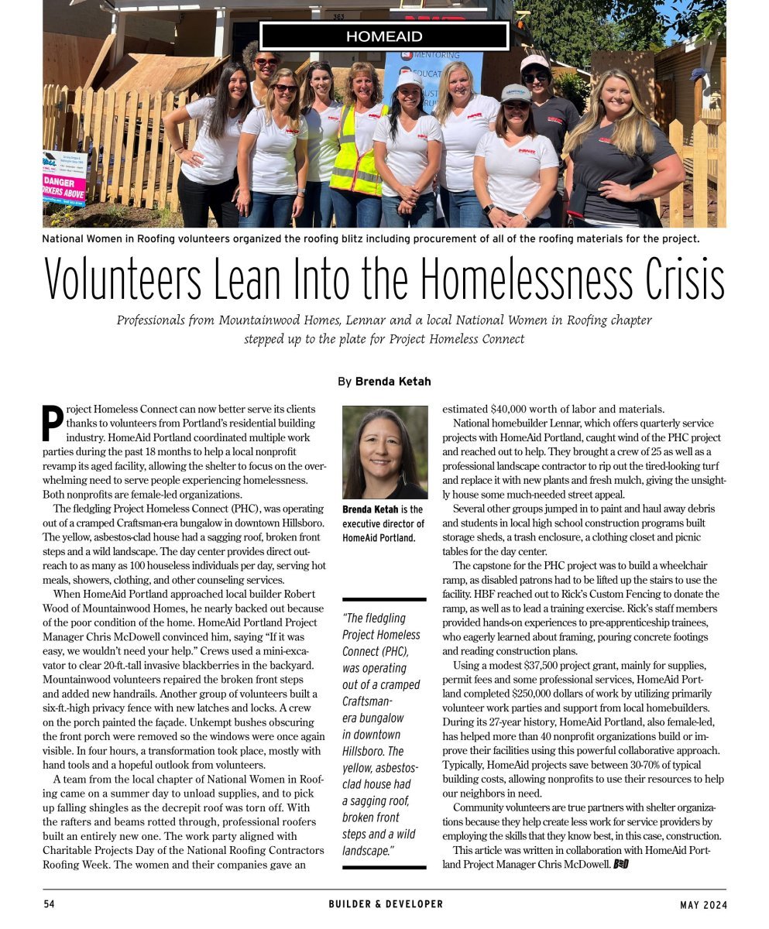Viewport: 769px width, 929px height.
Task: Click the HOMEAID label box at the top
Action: [383, 36]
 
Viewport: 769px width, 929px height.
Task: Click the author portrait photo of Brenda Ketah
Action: [384, 452]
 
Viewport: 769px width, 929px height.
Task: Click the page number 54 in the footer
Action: [49, 904]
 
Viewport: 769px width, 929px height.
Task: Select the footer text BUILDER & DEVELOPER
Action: [385, 904]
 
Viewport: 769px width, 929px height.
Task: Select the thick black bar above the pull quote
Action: [384, 599]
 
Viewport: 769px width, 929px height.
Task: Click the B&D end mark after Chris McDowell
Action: [620, 865]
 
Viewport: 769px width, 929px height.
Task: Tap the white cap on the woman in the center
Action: [410, 79]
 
